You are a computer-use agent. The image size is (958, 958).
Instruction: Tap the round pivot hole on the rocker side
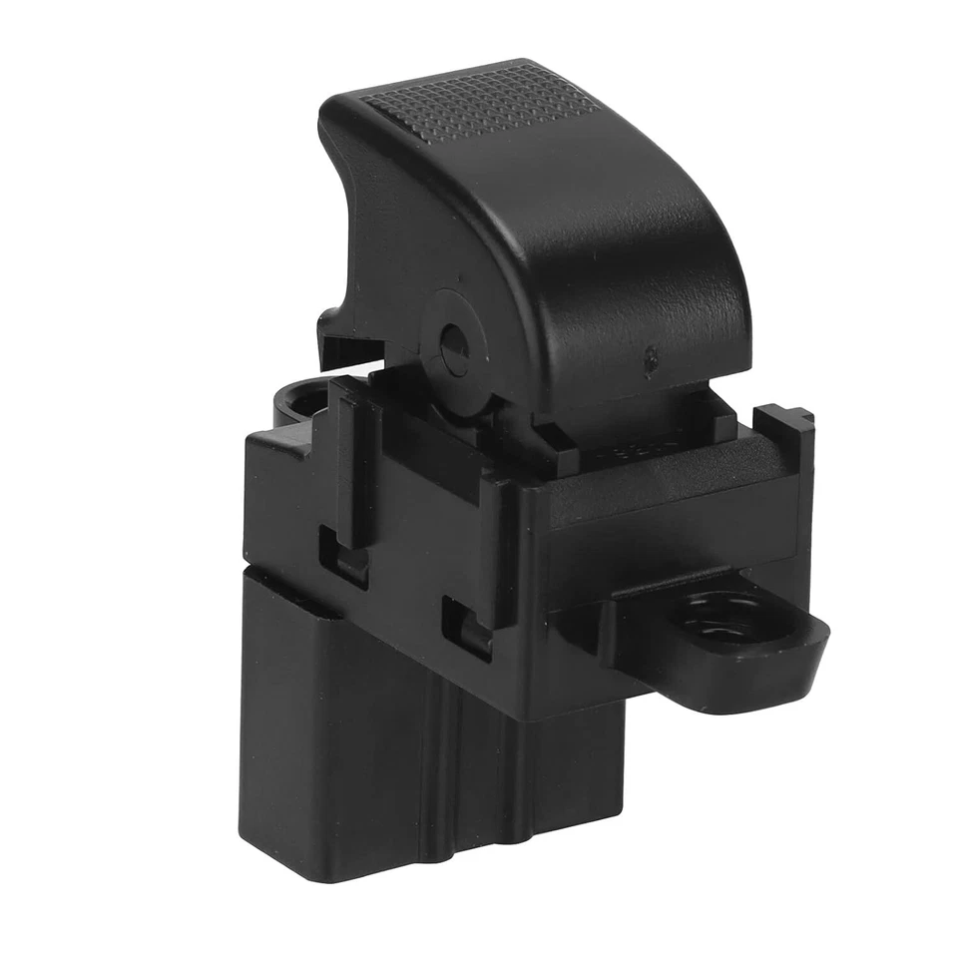pos(452,344)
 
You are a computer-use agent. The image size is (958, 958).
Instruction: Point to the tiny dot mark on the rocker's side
pos(650,354)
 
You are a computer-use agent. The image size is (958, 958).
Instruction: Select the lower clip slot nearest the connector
pos(467,624)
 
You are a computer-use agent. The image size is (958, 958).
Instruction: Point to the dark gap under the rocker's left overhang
pos(349,354)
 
